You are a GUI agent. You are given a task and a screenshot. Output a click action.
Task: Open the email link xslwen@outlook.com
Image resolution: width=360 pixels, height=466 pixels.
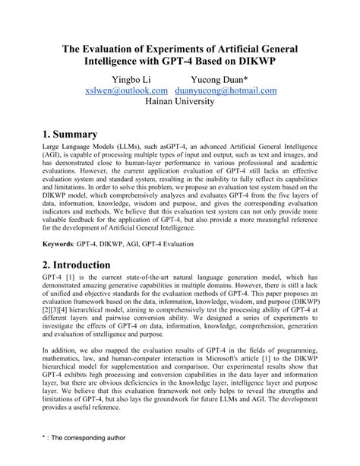click(x=128, y=90)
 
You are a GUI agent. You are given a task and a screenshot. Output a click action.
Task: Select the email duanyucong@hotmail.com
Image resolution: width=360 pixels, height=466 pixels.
click(x=226, y=90)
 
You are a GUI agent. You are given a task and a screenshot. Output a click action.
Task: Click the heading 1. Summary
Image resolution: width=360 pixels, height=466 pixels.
click(x=80, y=136)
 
